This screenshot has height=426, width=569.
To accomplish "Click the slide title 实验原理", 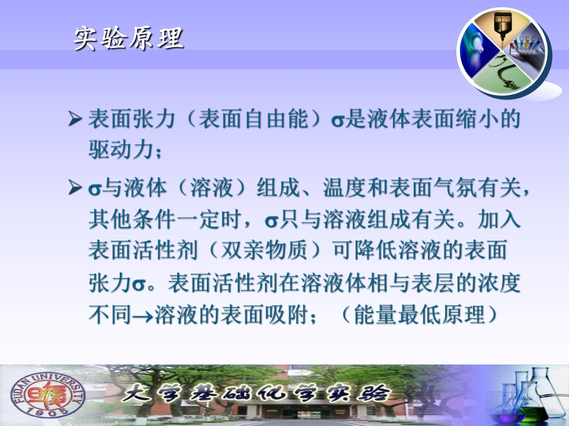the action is coord(129,38).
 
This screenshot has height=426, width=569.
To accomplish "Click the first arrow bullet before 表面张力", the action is coord(75,118).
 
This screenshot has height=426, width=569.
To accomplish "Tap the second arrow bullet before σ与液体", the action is coord(75,188).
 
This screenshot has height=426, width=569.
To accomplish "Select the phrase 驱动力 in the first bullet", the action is coord(121,149).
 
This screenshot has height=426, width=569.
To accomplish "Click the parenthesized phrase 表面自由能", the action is coord(254,118).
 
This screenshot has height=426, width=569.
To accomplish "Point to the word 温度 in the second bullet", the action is coord(344,188).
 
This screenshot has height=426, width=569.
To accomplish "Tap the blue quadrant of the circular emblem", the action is coord(478,51).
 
